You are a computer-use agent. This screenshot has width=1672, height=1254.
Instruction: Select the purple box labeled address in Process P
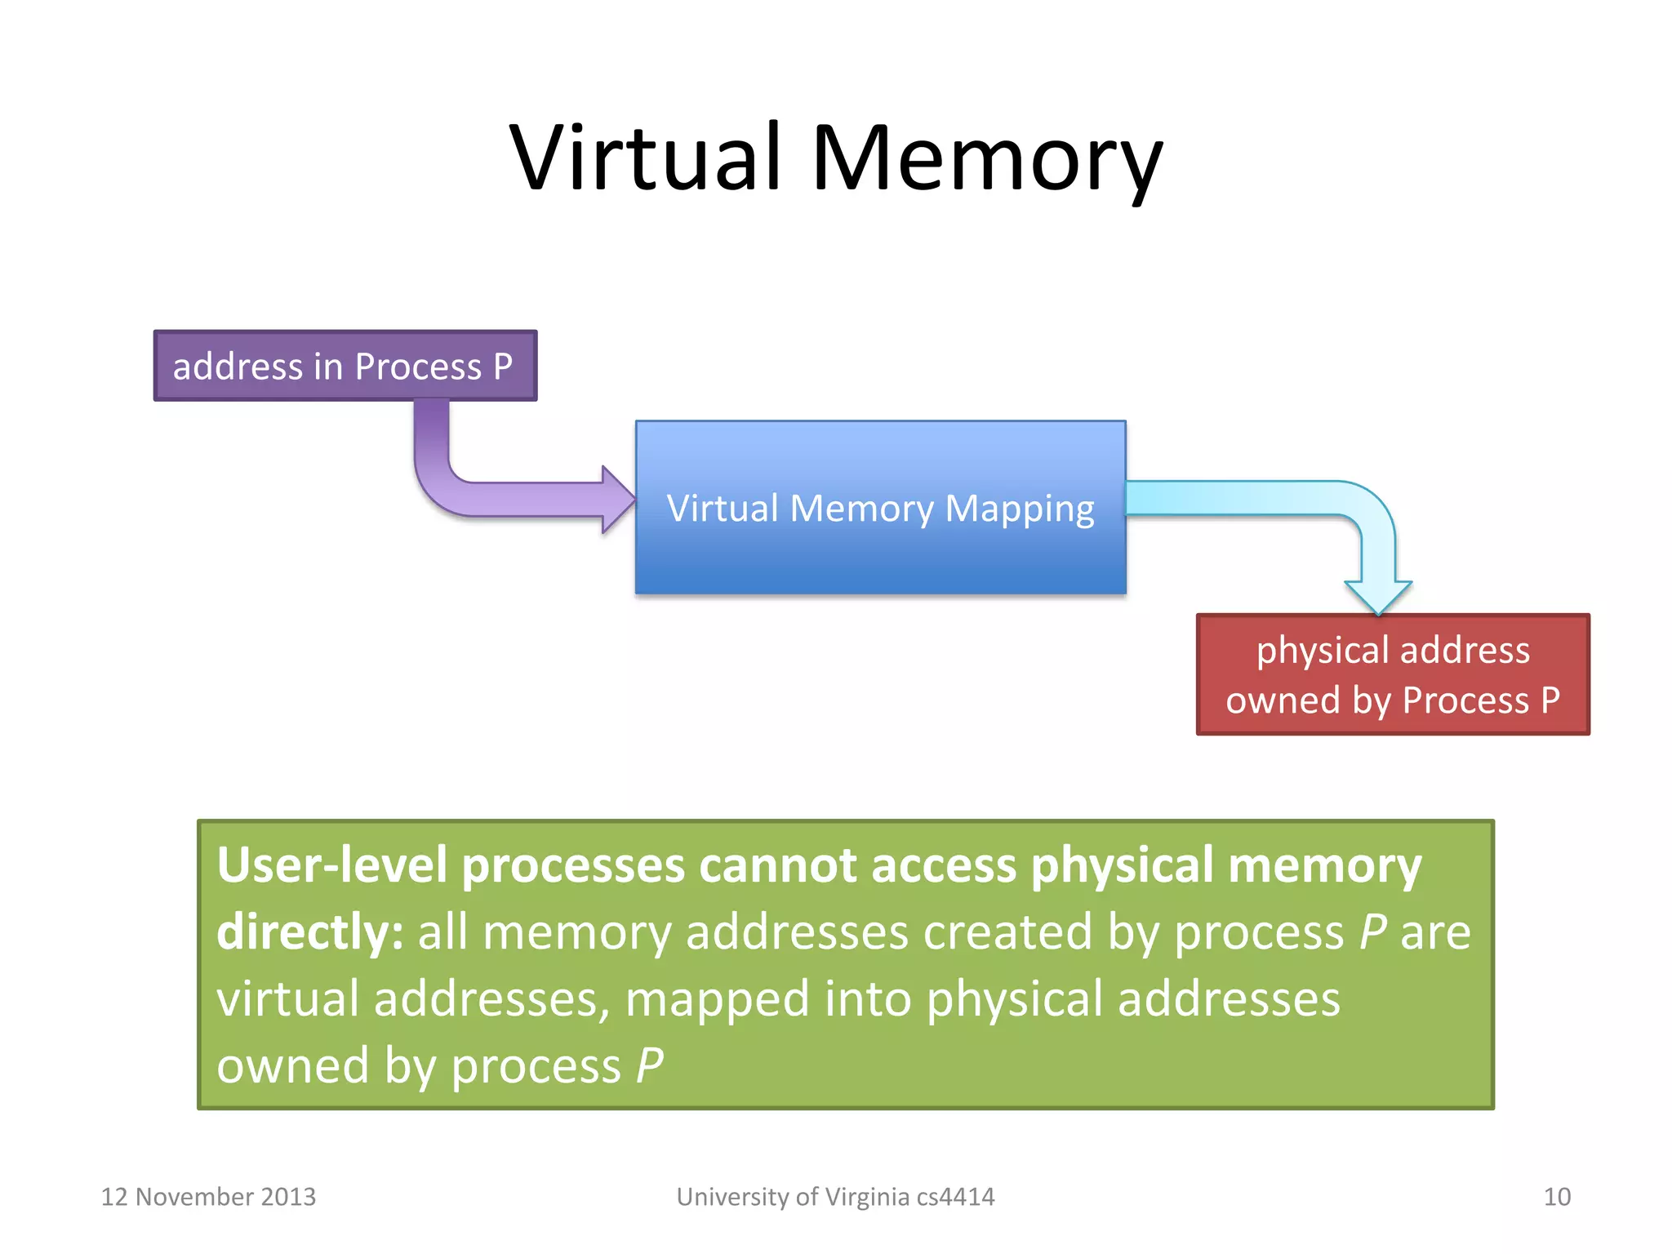[345, 366]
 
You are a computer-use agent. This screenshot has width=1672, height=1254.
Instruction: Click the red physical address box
[1393, 674]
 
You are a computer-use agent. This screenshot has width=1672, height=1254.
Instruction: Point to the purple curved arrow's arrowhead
[617, 500]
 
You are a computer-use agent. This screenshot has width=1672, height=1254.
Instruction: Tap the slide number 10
[1556, 1197]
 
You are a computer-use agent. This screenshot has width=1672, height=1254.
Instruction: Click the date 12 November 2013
[208, 1197]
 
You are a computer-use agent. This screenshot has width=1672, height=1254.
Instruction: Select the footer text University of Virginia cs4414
[835, 1197]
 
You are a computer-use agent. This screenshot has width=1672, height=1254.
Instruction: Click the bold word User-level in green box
[331, 865]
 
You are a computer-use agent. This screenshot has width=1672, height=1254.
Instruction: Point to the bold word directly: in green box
[309, 933]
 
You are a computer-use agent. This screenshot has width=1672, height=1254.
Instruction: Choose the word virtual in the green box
[287, 999]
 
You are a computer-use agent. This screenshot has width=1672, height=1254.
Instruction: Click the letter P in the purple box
[503, 366]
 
